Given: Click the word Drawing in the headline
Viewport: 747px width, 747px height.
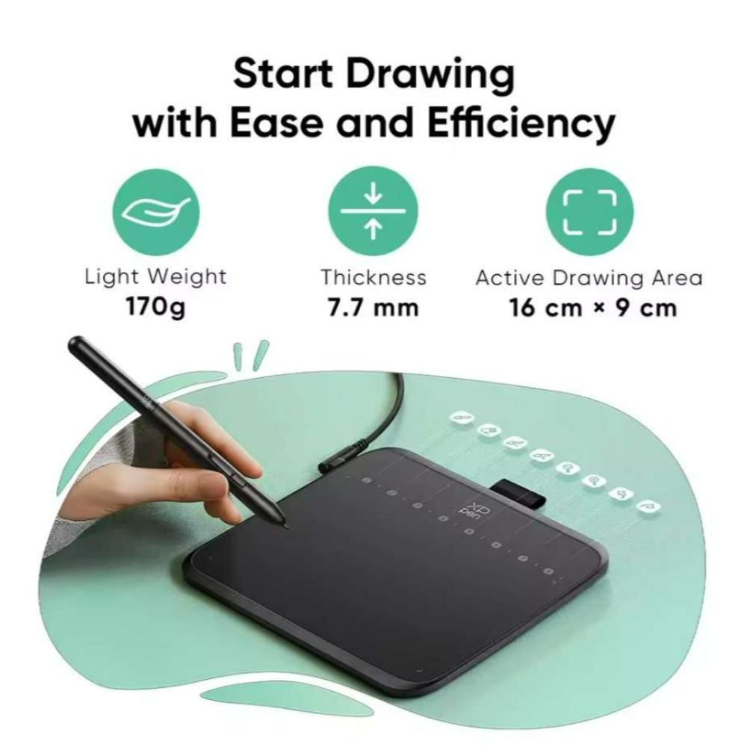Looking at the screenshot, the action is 430,75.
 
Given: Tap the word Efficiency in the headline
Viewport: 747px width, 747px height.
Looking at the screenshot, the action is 521,124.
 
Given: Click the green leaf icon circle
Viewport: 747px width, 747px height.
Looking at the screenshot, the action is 156,211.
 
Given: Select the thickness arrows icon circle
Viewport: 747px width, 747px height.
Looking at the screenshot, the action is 373,211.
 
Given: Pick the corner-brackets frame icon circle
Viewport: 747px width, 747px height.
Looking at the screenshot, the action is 590,212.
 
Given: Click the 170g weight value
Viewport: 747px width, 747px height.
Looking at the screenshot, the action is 155,307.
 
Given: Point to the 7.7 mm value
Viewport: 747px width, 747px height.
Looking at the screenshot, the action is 373,308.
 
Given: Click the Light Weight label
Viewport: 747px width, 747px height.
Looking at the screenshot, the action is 155,277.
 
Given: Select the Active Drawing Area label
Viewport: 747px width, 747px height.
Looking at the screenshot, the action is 589,278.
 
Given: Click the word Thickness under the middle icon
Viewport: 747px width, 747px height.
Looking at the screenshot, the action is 373,277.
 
